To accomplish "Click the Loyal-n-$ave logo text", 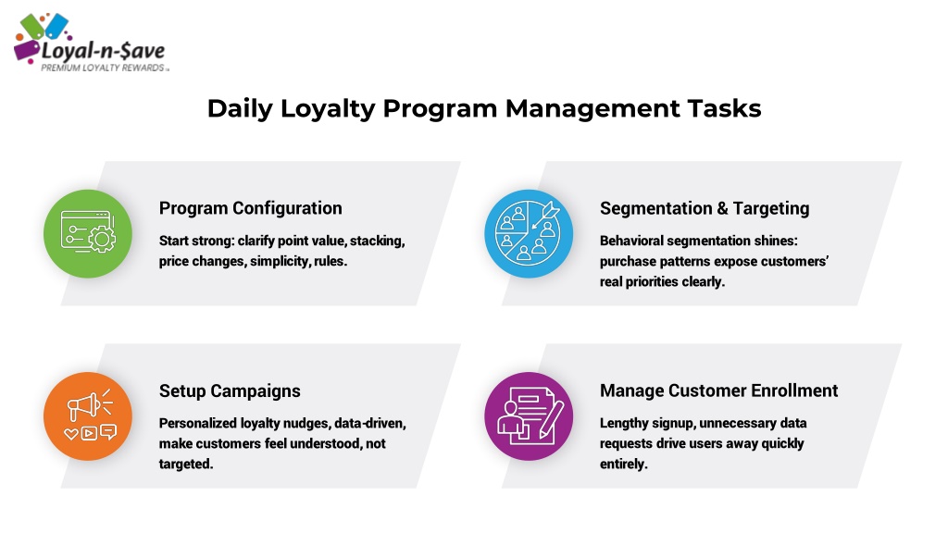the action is click(103, 51).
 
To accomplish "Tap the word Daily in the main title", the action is click(240, 109).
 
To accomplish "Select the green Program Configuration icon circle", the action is click(88, 234).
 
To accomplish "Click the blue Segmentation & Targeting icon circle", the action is click(529, 234).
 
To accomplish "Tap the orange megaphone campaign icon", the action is click(88, 416).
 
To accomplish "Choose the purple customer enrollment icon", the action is click(529, 416).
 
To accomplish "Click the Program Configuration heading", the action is click(250, 208).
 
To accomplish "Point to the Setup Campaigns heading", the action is click(230, 391).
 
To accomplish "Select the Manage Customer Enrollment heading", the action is click(718, 390).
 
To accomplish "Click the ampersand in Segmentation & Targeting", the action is click(722, 208).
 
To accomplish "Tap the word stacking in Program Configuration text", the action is click(378, 242).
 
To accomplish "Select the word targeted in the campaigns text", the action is click(185, 465).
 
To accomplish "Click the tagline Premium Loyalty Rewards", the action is click(103, 68).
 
